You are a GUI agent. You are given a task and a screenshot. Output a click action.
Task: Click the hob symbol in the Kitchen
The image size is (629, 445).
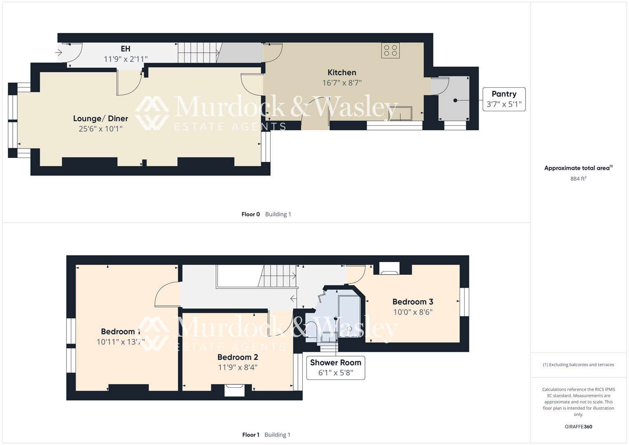390,50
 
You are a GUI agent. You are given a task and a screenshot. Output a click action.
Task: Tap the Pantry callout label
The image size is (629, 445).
504,99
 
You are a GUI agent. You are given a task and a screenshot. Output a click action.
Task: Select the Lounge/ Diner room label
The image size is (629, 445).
101,119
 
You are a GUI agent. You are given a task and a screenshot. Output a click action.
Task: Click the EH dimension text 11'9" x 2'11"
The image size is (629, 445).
125,59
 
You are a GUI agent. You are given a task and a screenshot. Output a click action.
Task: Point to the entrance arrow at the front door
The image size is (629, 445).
58,52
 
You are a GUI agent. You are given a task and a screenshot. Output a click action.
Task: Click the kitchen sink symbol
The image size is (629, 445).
399,114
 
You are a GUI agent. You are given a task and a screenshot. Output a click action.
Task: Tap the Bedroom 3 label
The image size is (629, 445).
412,302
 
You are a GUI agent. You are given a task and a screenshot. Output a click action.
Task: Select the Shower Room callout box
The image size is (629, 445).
335,368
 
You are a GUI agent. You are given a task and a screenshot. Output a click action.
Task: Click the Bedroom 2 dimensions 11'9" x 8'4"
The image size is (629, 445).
238,367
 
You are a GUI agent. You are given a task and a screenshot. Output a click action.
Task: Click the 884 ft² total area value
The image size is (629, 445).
578,178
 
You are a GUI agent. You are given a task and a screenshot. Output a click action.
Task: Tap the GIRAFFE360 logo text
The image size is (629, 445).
578,426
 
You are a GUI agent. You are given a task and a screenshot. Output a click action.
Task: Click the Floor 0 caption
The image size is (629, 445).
250,214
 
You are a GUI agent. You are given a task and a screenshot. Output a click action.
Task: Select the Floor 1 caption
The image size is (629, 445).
250,435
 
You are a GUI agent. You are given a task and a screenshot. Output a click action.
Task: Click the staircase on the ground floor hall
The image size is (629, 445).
198,52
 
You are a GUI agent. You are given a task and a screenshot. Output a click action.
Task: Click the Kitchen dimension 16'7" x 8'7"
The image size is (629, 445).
341,83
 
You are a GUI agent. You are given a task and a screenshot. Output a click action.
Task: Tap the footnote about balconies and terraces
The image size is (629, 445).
578,365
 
